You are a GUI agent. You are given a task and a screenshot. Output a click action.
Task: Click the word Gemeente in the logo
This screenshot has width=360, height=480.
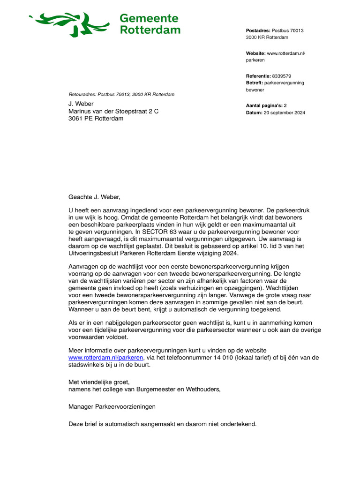click(x=149, y=18)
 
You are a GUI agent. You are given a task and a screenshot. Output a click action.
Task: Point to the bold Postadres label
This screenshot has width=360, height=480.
click(x=258, y=30)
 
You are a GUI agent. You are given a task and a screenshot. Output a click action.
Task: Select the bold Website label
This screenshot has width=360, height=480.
click(x=256, y=53)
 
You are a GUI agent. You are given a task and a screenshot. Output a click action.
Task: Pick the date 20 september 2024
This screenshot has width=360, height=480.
click(x=284, y=112)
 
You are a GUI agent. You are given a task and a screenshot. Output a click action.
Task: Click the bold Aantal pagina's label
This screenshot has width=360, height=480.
click(x=264, y=106)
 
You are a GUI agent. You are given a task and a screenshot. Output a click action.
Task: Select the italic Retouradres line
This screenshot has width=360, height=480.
click(x=121, y=94)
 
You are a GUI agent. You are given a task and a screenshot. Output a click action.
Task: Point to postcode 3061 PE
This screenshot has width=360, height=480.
click(x=81, y=119)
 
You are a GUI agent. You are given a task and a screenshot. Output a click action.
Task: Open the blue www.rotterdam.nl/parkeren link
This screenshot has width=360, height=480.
click(x=99, y=358)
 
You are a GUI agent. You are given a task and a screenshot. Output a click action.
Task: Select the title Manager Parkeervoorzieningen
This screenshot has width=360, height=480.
click(x=112, y=406)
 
